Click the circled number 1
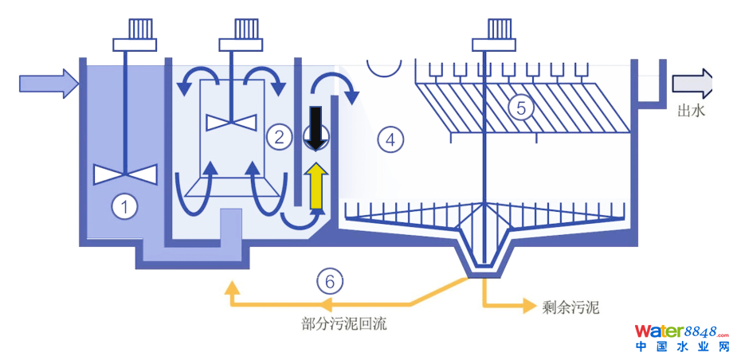pyautogui.click(x=123, y=208)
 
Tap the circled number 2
pyautogui.click(x=278, y=136)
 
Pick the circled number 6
pyautogui.click(x=330, y=280)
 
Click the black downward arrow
pyautogui.click(x=316, y=127)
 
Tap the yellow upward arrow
pyautogui.click(x=316, y=186)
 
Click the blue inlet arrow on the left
pyautogui.click(x=49, y=81)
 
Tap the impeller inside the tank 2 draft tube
pyautogui.click(x=231, y=122)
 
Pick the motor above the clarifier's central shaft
pyautogui.click(x=493, y=32)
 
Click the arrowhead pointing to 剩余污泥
pyautogui.click(x=527, y=304)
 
